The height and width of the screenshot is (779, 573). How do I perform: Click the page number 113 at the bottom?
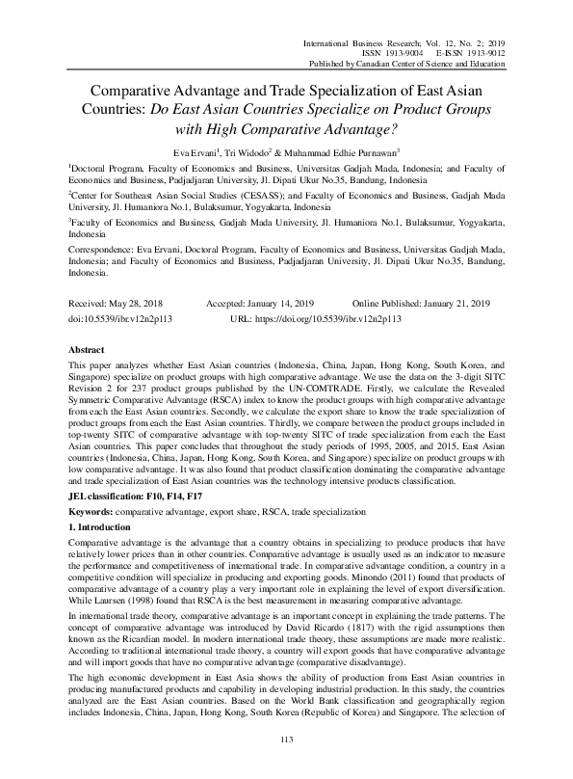tap(285, 766)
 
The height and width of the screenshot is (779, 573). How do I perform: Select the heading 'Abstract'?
tap(89, 349)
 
